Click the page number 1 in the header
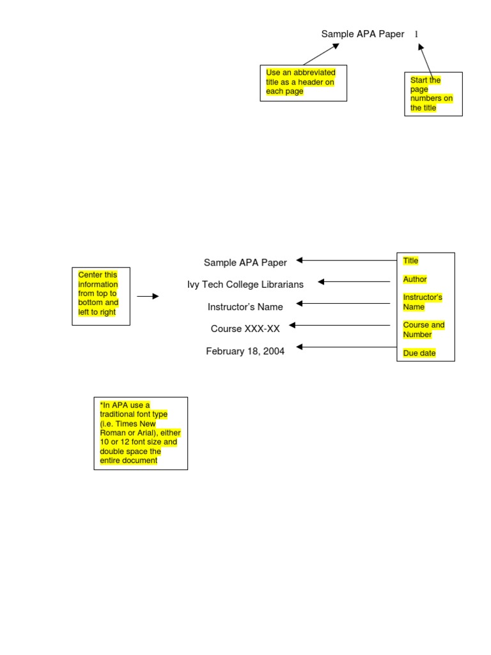pos(416,34)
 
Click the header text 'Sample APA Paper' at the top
pos(362,34)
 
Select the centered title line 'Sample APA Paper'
pos(245,262)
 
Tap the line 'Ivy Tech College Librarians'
pos(245,284)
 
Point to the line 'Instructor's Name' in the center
pos(245,307)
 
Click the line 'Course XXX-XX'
pos(245,329)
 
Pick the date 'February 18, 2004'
pos(245,351)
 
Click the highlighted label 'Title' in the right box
pos(410,261)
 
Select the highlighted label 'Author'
pos(415,280)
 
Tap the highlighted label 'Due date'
pos(419,353)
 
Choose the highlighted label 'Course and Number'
pos(423,329)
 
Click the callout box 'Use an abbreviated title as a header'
pos(303,83)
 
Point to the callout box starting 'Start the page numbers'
pos(433,94)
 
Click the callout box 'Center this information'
pos(100,296)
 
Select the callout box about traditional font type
pos(141,433)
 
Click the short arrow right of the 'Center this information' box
pos(148,296)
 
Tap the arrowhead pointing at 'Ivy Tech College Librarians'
pos(322,281)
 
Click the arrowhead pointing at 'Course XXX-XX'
pos(293,326)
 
